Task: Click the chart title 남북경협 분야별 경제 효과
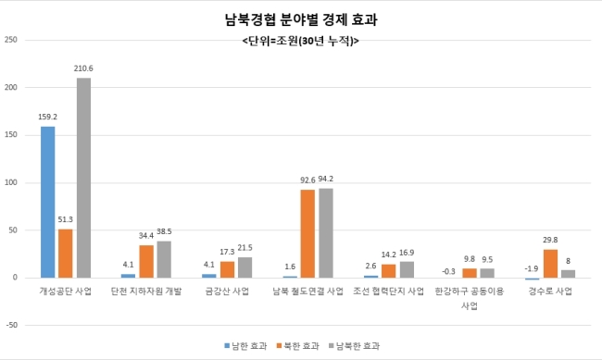[x=301, y=19]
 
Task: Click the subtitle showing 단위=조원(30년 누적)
[x=301, y=41]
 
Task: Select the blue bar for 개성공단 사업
[x=47, y=202]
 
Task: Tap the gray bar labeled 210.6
[x=83, y=178]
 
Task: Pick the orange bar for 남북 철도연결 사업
[x=307, y=233]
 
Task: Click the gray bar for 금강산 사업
[x=245, y=267]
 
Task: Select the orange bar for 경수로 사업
[x=550, y=263]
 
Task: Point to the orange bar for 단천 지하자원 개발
[x=146, y=261]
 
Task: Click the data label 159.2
[x=47, y=117]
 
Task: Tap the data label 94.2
[x=326, y=179]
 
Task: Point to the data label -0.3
[x=448, y=271]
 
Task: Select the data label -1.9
[x=532, y=268]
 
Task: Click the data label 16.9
[x=407, y=253]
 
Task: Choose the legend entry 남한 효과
[x=245, y=346]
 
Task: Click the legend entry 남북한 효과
[x=354, y=346]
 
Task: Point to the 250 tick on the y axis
[x=11, y=40]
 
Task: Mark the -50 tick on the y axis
[x=11, y=325]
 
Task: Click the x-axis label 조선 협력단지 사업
[x=389, y=292]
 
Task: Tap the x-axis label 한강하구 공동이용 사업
[x=470, y=298]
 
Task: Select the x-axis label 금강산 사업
[x=227, y=292]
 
